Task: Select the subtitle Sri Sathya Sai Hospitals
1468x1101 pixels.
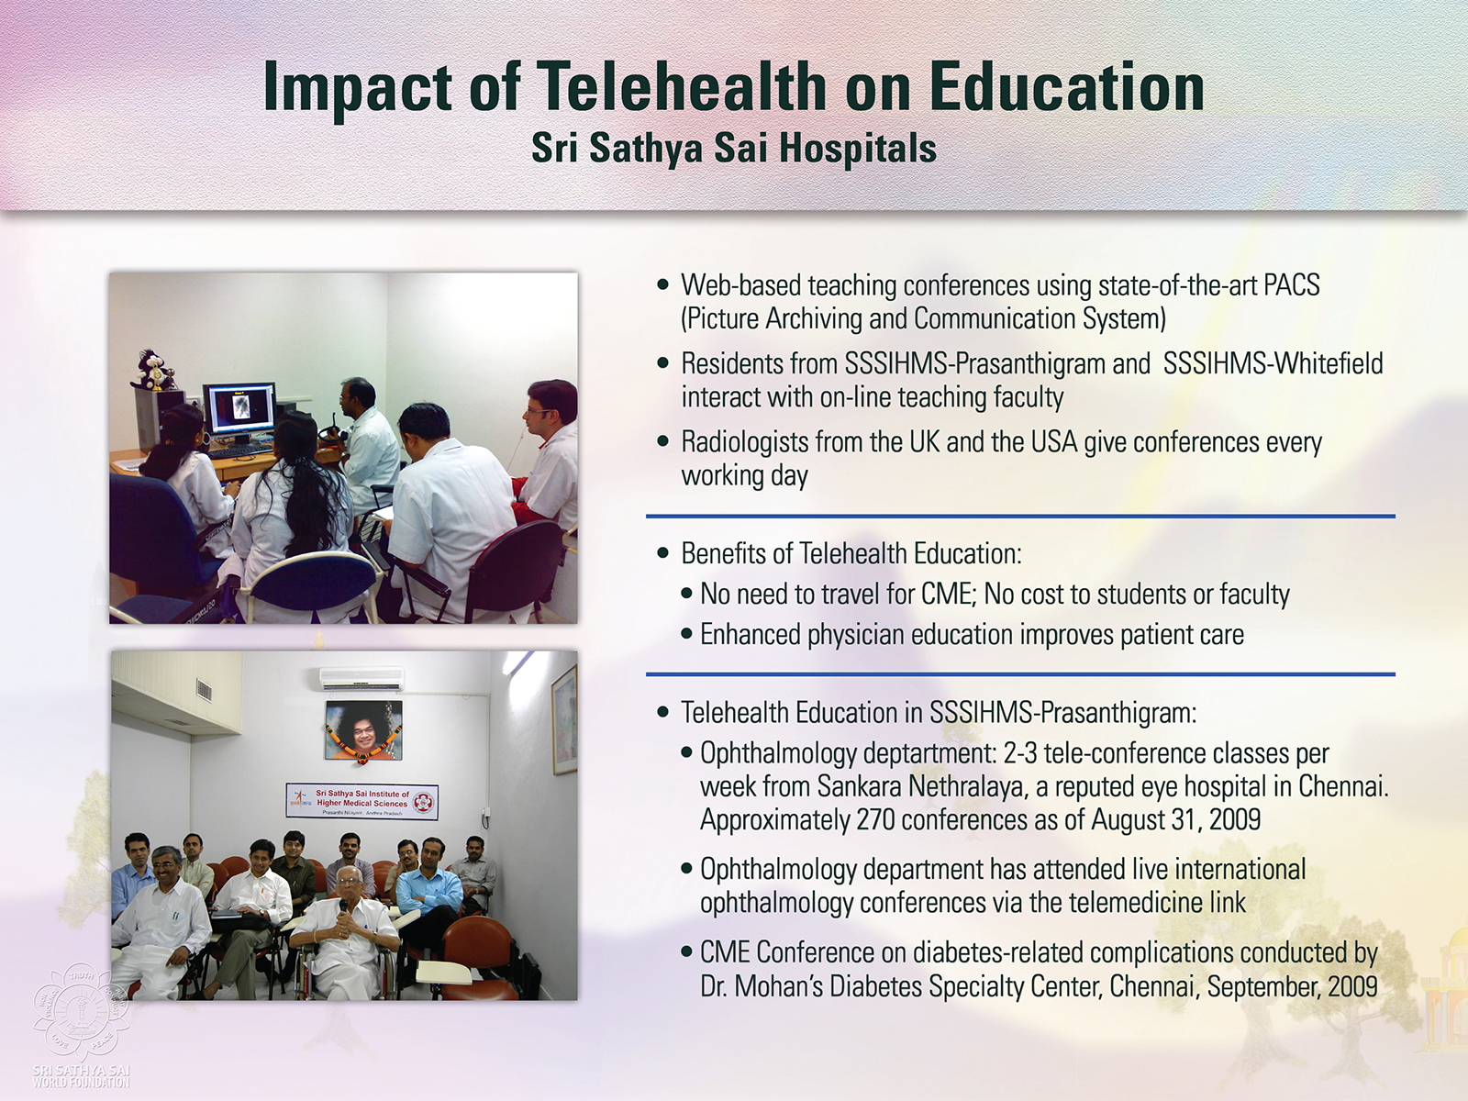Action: [x=734, y=149]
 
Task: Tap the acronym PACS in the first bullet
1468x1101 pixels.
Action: [x=1292, y=285]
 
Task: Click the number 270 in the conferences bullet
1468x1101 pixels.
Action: [x=875, y=819]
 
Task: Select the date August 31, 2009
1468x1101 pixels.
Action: [x=1175, y=819]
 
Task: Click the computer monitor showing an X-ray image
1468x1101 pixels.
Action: [x=239, y=408]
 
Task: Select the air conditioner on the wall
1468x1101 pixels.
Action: [x=361, y=679]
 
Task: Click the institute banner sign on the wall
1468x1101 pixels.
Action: [x=361, y=800]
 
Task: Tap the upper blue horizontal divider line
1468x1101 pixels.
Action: [x=1020, y=516]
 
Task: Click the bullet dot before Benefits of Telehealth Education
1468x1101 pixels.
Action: [x=662, y=553]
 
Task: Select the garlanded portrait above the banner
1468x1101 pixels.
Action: [x=363, y=730]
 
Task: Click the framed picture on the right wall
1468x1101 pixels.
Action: [x=563, y=720]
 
